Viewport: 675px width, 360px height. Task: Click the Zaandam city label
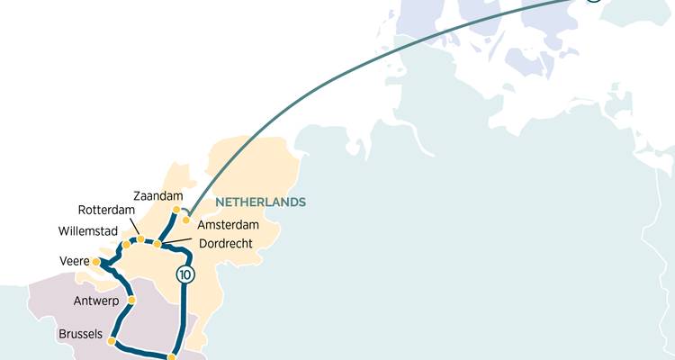157,195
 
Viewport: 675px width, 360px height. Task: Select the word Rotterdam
106,211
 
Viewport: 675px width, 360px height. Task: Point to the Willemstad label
89,229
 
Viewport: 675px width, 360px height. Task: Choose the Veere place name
74,262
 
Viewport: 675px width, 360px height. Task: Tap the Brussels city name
80,334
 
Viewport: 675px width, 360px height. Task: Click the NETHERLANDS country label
260,202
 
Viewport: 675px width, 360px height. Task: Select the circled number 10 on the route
185,275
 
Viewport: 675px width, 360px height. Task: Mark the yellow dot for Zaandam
176,210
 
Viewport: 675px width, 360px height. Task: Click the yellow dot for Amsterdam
185,220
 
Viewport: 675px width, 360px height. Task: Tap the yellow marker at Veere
96,262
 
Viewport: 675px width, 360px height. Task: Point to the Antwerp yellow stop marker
131,300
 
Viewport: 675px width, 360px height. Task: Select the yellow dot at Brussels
111,341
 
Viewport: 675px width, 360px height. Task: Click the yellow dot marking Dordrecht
157,244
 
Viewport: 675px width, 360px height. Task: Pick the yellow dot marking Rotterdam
140,239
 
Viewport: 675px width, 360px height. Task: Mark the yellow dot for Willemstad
126,244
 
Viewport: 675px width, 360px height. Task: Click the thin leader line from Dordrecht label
176,241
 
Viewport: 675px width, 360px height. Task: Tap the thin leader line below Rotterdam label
135,229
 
